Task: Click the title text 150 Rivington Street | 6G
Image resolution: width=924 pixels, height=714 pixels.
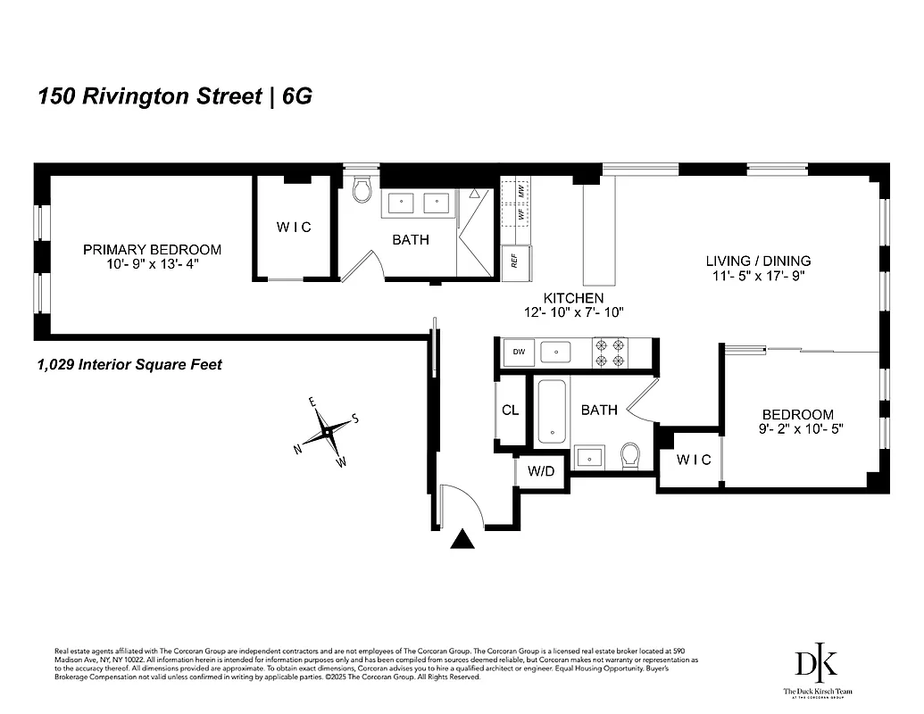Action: (175, 96)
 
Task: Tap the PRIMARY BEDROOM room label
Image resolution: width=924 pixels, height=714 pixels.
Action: (152, 250)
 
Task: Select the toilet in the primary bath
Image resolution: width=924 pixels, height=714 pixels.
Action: (362, 190)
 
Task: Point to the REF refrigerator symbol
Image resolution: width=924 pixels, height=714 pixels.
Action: (514, 260)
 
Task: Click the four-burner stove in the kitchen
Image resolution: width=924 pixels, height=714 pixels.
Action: (614, 353)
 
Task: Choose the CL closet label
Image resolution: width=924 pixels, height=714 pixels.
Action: (511, 411)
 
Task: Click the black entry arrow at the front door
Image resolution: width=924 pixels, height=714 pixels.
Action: (462, 538)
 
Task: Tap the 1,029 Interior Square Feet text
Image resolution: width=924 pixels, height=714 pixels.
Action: (129, 364)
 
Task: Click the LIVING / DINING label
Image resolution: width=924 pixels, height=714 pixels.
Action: (758, 261)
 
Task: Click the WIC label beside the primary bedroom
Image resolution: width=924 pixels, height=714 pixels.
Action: (294, 228)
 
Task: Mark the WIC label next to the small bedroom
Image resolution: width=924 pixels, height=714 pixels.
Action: (693, 460)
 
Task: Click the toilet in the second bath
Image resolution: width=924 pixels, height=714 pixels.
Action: (630, 455)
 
